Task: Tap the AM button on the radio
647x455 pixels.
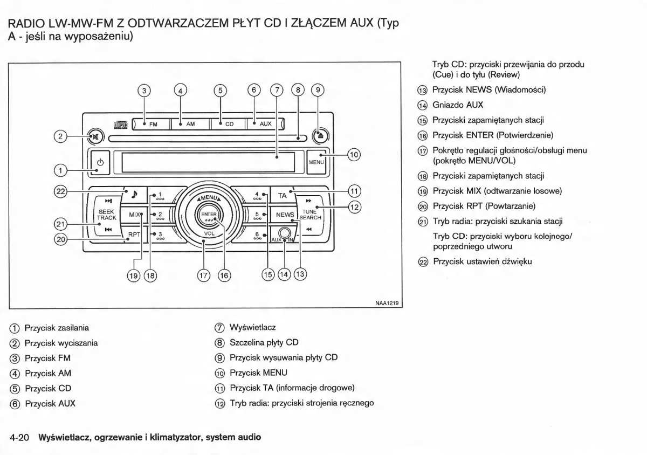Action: click(x=189, y=124)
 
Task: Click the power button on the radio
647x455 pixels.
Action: click(x=100, y=163)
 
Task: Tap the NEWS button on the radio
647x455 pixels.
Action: click(x=285, y=215)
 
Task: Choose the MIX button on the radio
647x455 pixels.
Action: click(x=135, y=215)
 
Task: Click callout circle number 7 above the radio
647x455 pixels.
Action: click(x=277, y=90)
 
